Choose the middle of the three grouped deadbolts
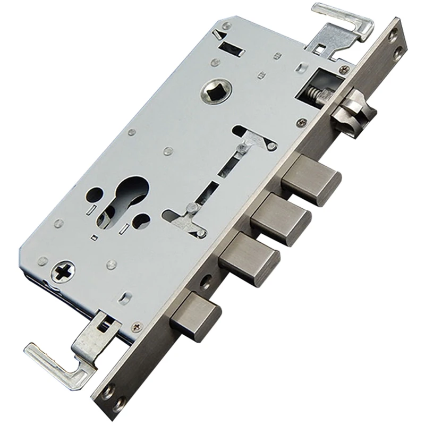point(280,218)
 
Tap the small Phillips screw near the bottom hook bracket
point(137,325)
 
